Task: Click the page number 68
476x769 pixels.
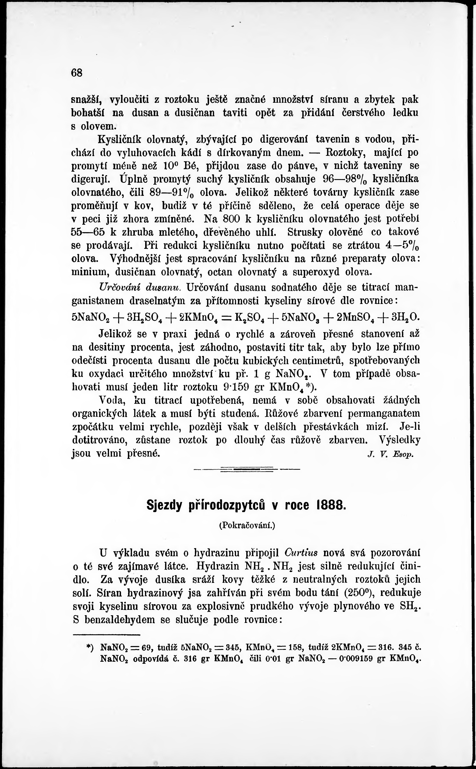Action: [77, 73]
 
